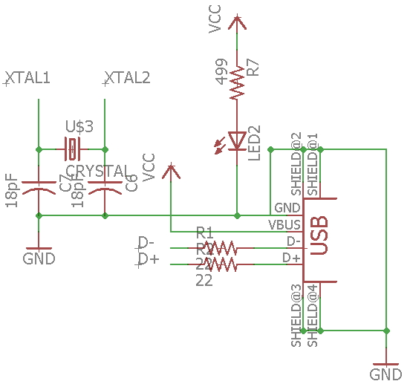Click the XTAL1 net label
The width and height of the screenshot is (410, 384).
point(28,77)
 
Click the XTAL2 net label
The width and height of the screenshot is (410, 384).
point(128,77)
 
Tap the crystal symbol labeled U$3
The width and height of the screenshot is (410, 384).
point(71,149)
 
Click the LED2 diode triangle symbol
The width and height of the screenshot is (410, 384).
point(237,140)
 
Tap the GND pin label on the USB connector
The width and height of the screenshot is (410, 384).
point(287,208)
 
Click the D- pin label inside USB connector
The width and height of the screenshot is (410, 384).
point(292,241)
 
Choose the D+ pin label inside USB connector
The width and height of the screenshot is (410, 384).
point(291,258)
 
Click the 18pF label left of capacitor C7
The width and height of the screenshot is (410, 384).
point(11,190)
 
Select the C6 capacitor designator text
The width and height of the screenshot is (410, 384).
point(131,183)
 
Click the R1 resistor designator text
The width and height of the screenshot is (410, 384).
point(204,232)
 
